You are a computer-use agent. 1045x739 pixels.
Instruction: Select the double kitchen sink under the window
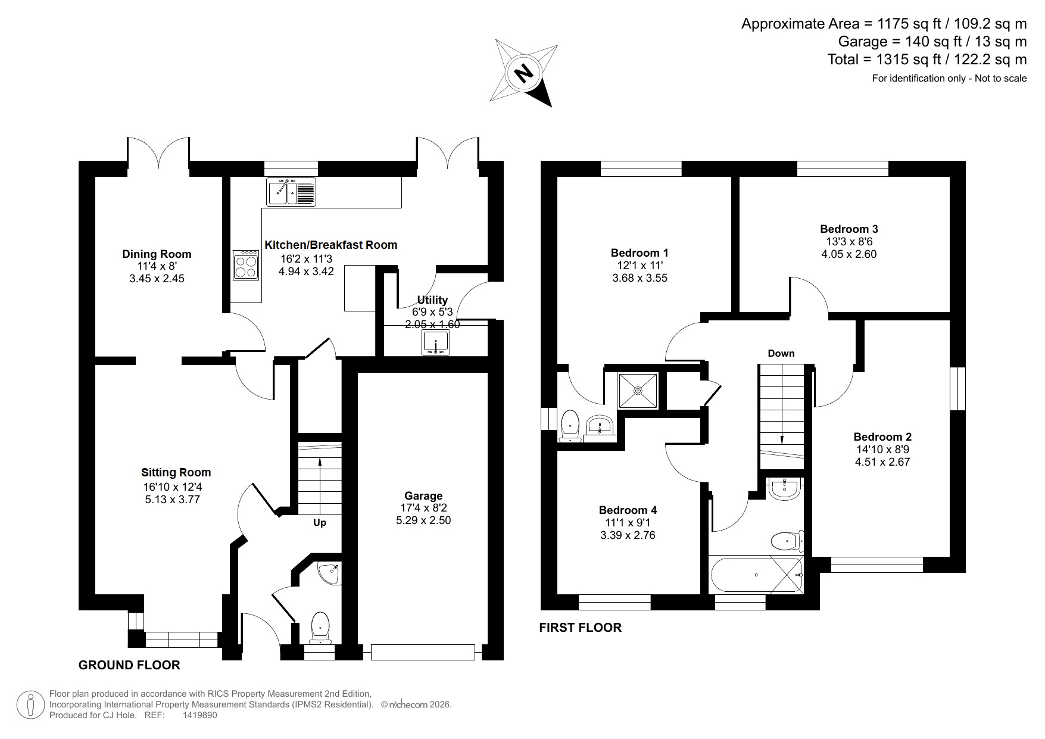click(x=291, y=192)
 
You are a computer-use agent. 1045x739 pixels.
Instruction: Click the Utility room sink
click(x=437, y=343)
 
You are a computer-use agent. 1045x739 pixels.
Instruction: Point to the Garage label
click(x=423, y=495)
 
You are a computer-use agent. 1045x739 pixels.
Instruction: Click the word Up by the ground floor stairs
click(x=320, y=523)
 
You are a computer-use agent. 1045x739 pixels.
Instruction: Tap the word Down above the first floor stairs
click(x=781, y=353)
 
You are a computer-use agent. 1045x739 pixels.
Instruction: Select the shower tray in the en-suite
click(x=638, y=391)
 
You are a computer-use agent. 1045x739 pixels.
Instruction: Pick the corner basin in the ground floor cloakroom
click(x=328, y=572)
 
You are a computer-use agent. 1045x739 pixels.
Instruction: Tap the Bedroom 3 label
click(x=849, y=229)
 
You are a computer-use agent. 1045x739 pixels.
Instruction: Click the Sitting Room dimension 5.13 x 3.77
click(x=172, y=500)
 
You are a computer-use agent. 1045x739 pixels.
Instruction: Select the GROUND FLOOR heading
click(x=129, y=665)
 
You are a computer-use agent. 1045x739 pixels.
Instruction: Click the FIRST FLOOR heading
click(x=580, y=627)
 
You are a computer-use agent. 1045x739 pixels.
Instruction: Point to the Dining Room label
click(x=157, y=254)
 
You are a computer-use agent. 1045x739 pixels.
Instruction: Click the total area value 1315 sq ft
click(x=905, y=60)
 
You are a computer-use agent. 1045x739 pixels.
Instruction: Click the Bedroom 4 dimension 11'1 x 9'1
click(x=628, y=523)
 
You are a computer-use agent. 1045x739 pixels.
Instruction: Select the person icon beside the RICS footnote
click(x=30, y=704)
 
